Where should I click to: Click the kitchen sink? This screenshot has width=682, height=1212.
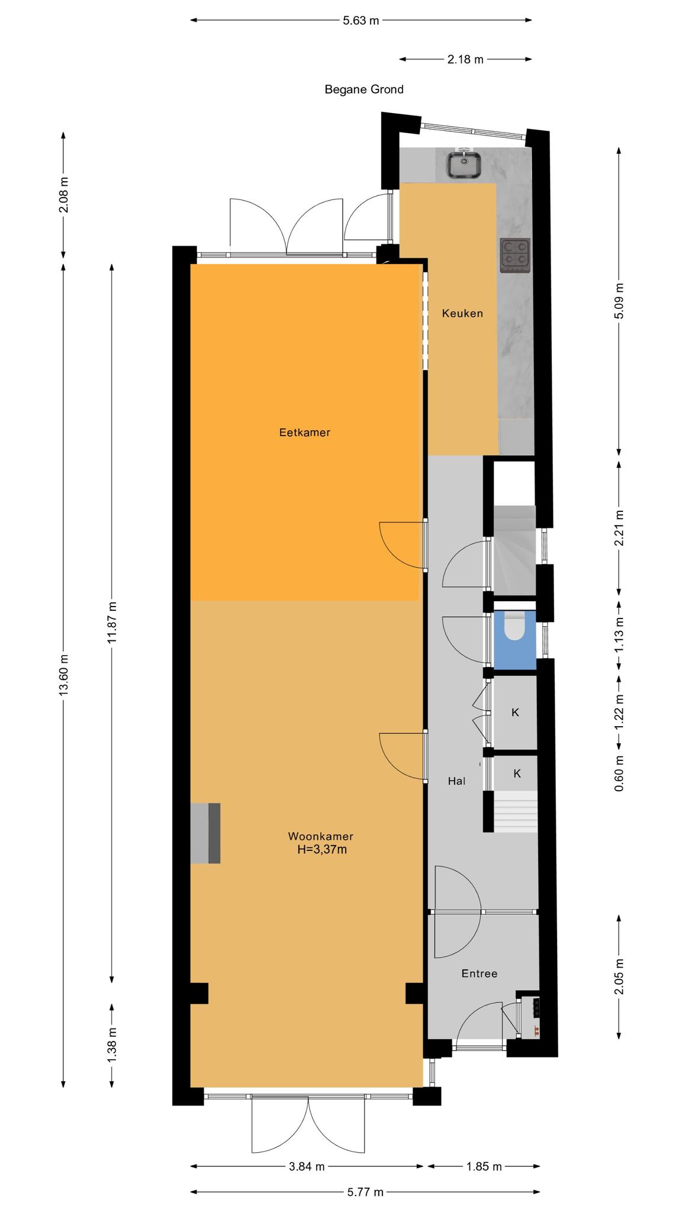[464, 164]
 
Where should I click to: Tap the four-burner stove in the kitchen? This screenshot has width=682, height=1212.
[515, 255]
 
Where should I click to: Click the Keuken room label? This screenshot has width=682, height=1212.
[462, 313]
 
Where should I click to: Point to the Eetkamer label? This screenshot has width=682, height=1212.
[304, 433]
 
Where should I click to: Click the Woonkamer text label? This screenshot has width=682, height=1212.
[321, 836]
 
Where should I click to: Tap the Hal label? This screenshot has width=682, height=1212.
[456, 781]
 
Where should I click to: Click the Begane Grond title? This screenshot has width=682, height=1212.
[364, 89]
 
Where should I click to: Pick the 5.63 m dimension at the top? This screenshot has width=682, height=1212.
[361, 21]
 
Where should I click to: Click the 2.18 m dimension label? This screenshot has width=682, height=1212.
[465, 59]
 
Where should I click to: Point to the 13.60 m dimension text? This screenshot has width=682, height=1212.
[64, 675]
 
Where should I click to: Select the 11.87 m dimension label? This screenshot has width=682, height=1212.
[112, 622]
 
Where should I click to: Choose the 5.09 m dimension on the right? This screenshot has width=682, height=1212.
[619, 301]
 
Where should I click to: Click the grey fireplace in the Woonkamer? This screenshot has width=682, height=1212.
[205, 833]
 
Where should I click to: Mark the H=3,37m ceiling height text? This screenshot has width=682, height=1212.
[321, 850]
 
